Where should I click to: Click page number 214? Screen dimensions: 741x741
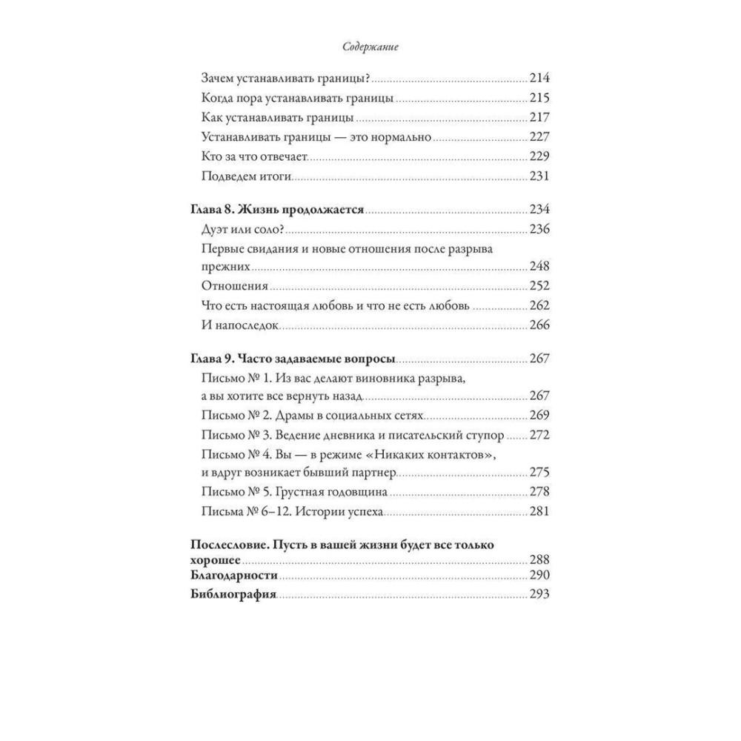pos(539,79)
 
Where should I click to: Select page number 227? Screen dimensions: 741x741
pos(539,137)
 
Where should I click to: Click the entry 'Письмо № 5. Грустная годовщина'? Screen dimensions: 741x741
pos(295,492)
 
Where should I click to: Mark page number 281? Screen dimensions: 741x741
pos(539,511)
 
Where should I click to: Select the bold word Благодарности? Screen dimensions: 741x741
pos(234,576)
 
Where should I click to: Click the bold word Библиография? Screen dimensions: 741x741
pos(233,594)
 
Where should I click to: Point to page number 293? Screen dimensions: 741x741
pos(539,594)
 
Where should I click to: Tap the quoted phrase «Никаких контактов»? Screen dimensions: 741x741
pos(431,453)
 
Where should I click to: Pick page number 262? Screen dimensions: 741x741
pos(539,306)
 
